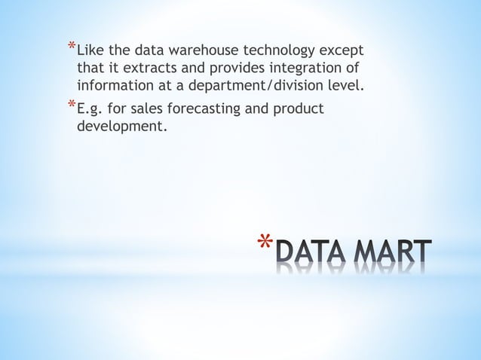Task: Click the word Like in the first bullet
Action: [x=90, y=52]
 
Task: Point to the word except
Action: [x=340, y=52]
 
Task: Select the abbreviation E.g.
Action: [x=90, y=109]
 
